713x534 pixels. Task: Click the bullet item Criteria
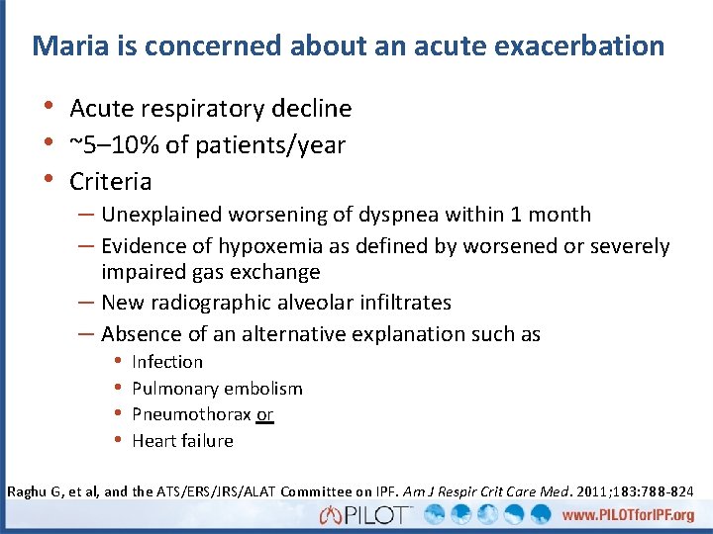[110, 182]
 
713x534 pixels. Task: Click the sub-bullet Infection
[167, 362]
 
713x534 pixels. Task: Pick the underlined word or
[264, 414]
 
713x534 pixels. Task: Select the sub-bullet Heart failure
[182, 441]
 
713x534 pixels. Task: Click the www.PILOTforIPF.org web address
[628, 515]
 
